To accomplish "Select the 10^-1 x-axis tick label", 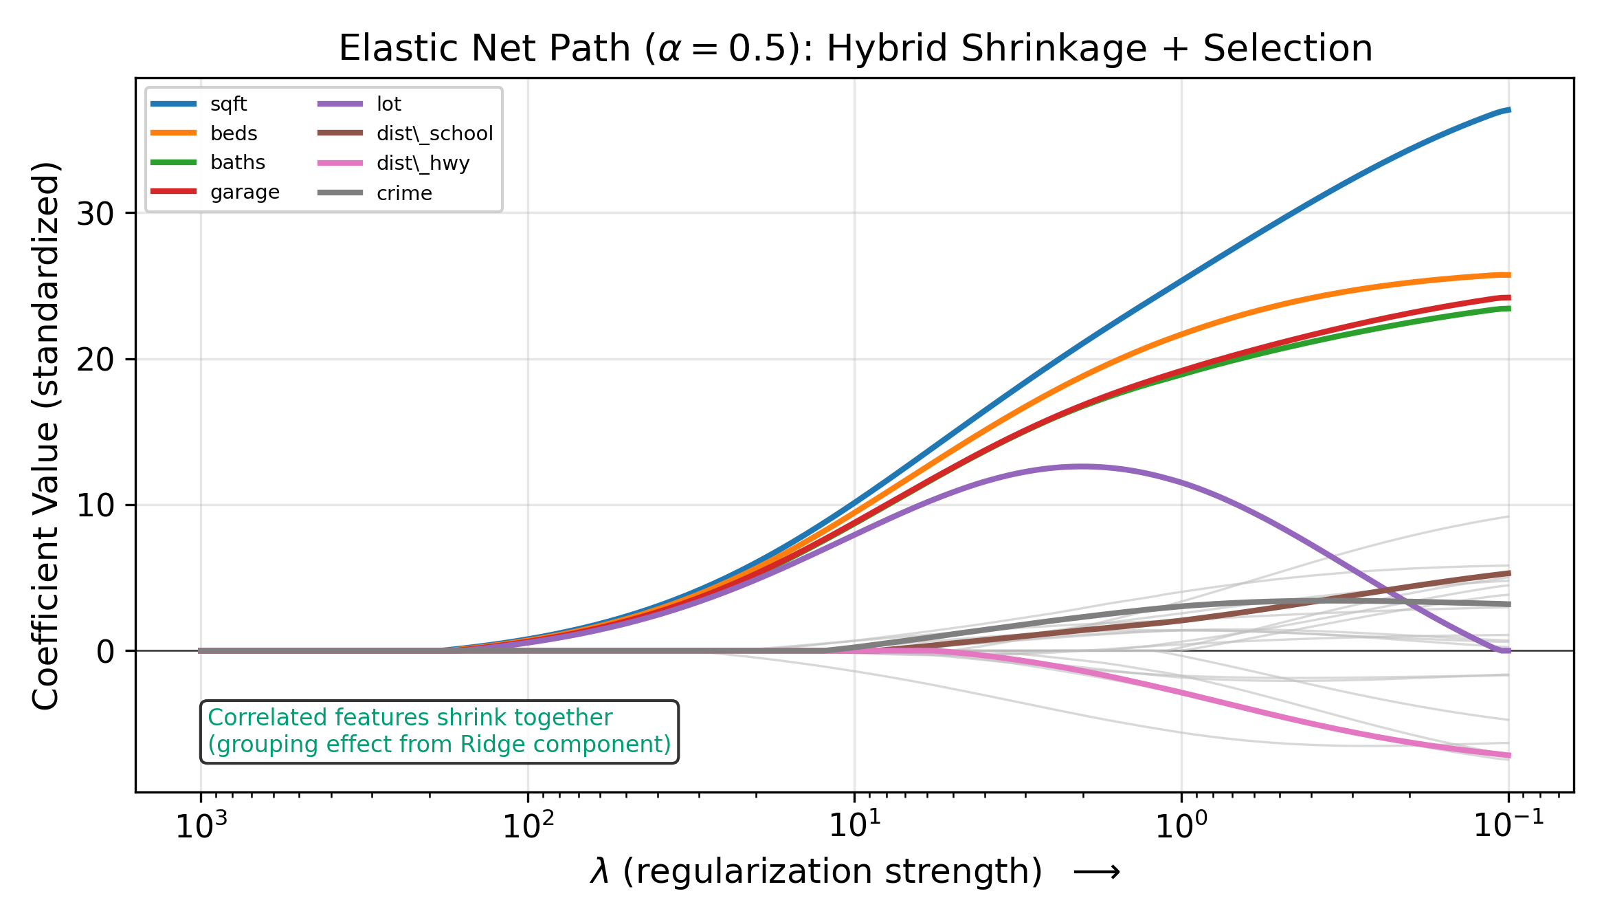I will coord(1509,826).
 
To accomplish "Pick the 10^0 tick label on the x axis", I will coord(1181,826).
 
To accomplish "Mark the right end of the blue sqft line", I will coord(1508,110).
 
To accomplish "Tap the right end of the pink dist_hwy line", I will coord(1508,756).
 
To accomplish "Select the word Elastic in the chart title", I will coord(381,49).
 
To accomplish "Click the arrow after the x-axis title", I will coord(1097,872).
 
